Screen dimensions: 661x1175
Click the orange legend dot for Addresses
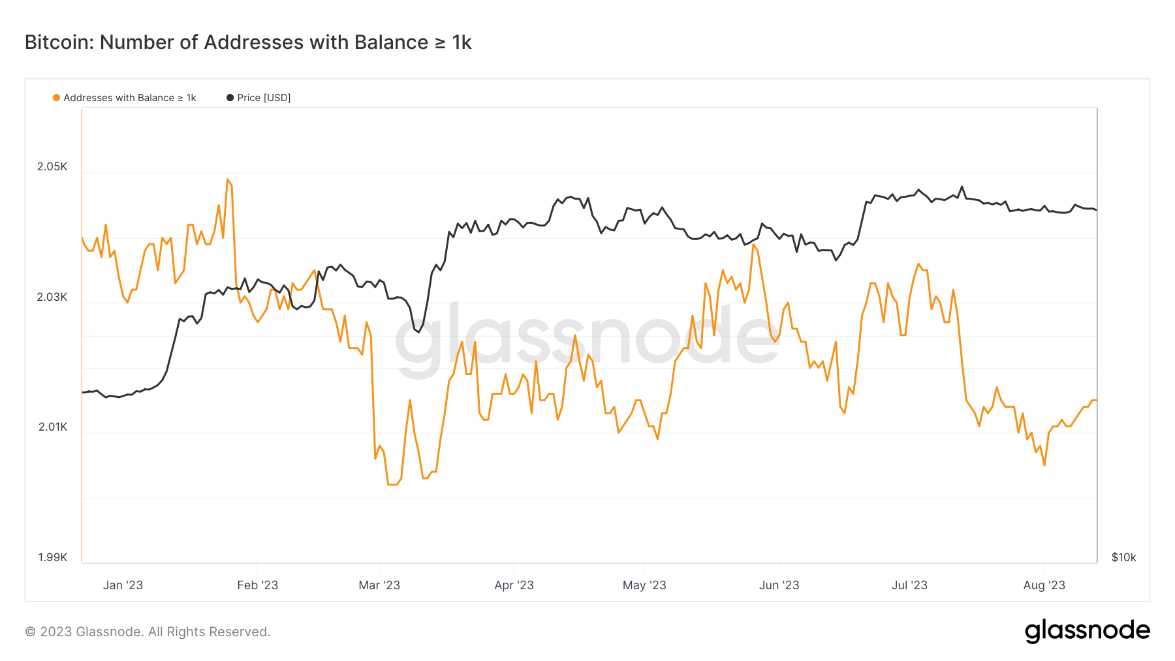tap(57, 98)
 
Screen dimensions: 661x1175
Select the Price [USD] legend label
tap(264, 98)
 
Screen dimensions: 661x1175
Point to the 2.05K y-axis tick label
tap(52, 166)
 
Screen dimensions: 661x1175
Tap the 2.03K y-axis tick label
tap(52, 297)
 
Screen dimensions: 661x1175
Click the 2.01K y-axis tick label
tap(53, 427)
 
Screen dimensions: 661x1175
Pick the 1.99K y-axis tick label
tap(53, 557)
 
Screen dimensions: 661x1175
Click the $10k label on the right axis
tap(1123, 557)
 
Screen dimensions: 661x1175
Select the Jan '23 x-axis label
tap(123, 585)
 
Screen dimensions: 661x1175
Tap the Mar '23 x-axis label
tap(379, 585)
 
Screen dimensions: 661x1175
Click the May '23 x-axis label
tap(644, 585)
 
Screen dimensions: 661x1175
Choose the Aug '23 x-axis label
tap(1044, 585)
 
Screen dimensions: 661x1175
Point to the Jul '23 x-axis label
tap(909, 585)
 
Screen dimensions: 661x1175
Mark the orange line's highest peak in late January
tap(227, 179)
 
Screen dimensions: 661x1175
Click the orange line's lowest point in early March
tap(392, 484)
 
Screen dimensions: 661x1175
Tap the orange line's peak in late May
tap(753, 245)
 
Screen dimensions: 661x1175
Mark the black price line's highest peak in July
tap(962, 187)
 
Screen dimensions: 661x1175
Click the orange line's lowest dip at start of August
tap(1044, 465)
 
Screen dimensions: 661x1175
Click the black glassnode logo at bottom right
tap(1087, 631)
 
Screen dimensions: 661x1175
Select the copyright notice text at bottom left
tap(148, 632)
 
